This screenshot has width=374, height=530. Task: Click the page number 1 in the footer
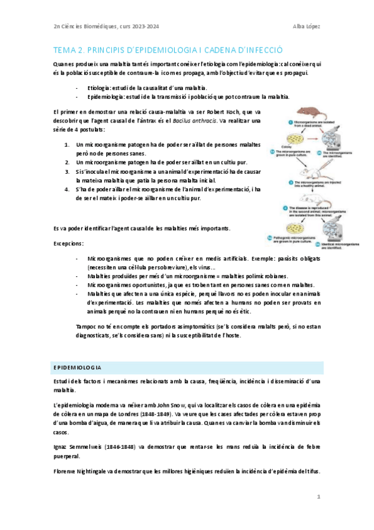pyautogui.click(x=318, y=497)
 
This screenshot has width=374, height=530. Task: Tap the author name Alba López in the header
pyautogui.click(x=306, y=26)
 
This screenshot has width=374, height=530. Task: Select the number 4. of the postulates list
pyautogui.click(x=68, y=188)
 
